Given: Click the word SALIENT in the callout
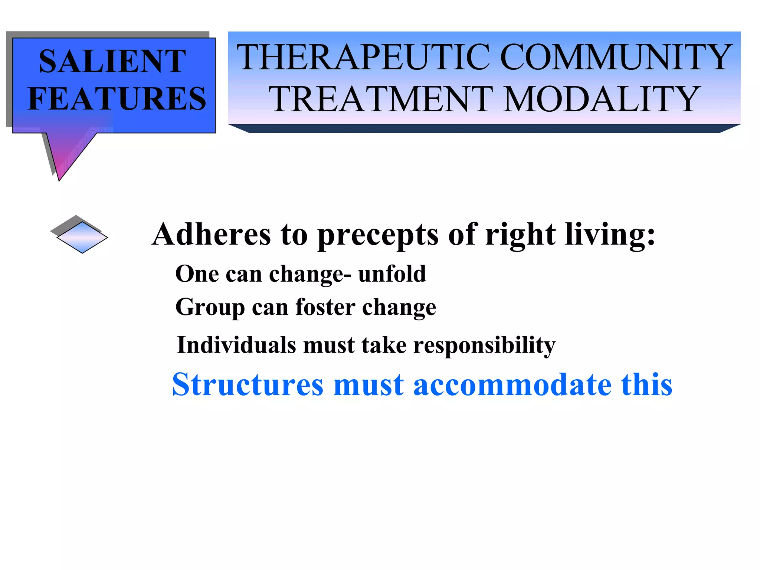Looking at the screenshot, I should [112, 61].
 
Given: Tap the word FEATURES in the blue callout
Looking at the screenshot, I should [117, 99].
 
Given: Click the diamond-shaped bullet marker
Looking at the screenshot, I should [82, 237].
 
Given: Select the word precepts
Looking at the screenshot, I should [378, 235].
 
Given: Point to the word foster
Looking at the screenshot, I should [325, 307].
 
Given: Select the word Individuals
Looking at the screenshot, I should [236, 345].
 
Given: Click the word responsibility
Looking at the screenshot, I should [484, 345].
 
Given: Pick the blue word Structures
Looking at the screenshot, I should [248, 384].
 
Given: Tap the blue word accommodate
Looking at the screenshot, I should [512, 384].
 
